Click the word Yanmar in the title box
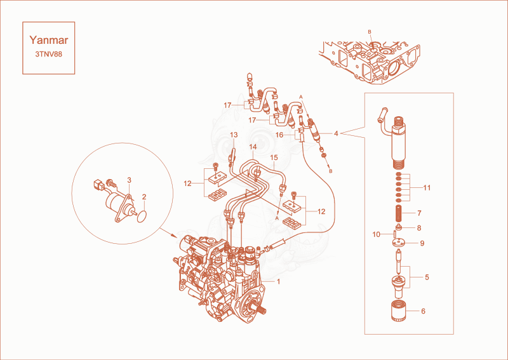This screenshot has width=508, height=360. tap(49, 40)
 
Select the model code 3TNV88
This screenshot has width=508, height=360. tap(49, 54)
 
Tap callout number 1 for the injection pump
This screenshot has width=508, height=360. tap(278, 281)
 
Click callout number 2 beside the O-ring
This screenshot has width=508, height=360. tap(144, 197)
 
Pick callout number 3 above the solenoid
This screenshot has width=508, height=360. tap(130, 180)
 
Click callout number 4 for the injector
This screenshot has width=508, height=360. tap(336, 133)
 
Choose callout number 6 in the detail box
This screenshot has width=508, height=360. tap(423, 311)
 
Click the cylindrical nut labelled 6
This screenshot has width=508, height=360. tap(398, 311)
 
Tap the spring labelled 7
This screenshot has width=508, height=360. tap(399, 213)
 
